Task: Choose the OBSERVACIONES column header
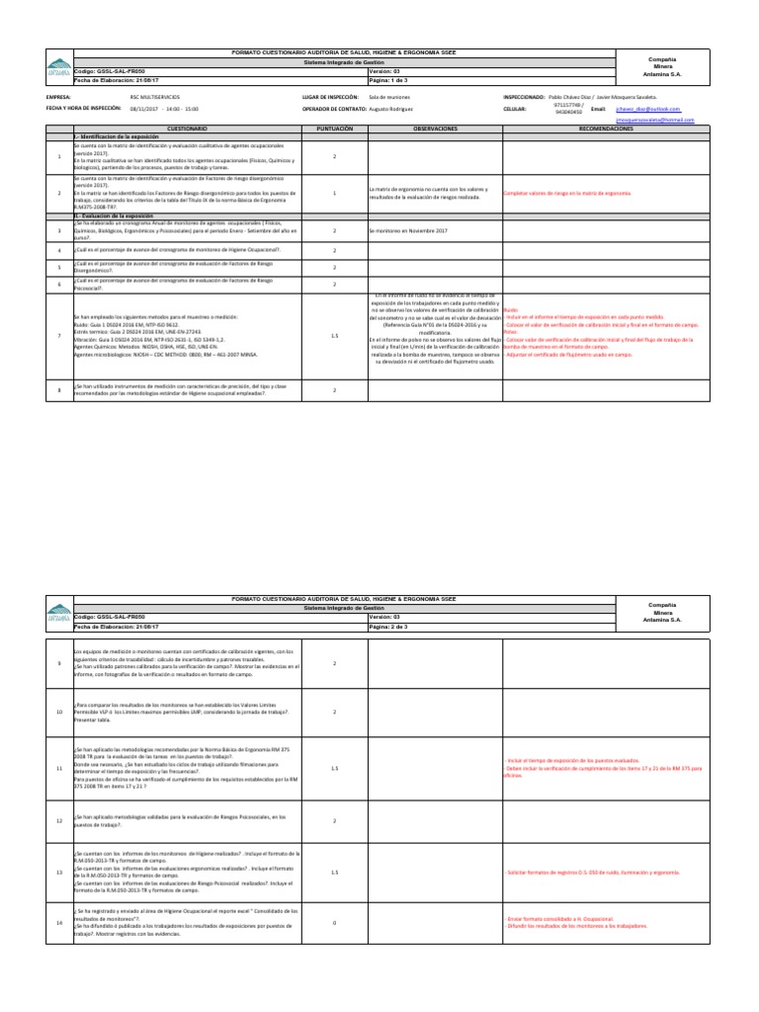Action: (435, 129)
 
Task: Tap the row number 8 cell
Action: (59, 389)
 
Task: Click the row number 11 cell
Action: (59, 767)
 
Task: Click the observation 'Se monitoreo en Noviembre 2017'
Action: (408, 230)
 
